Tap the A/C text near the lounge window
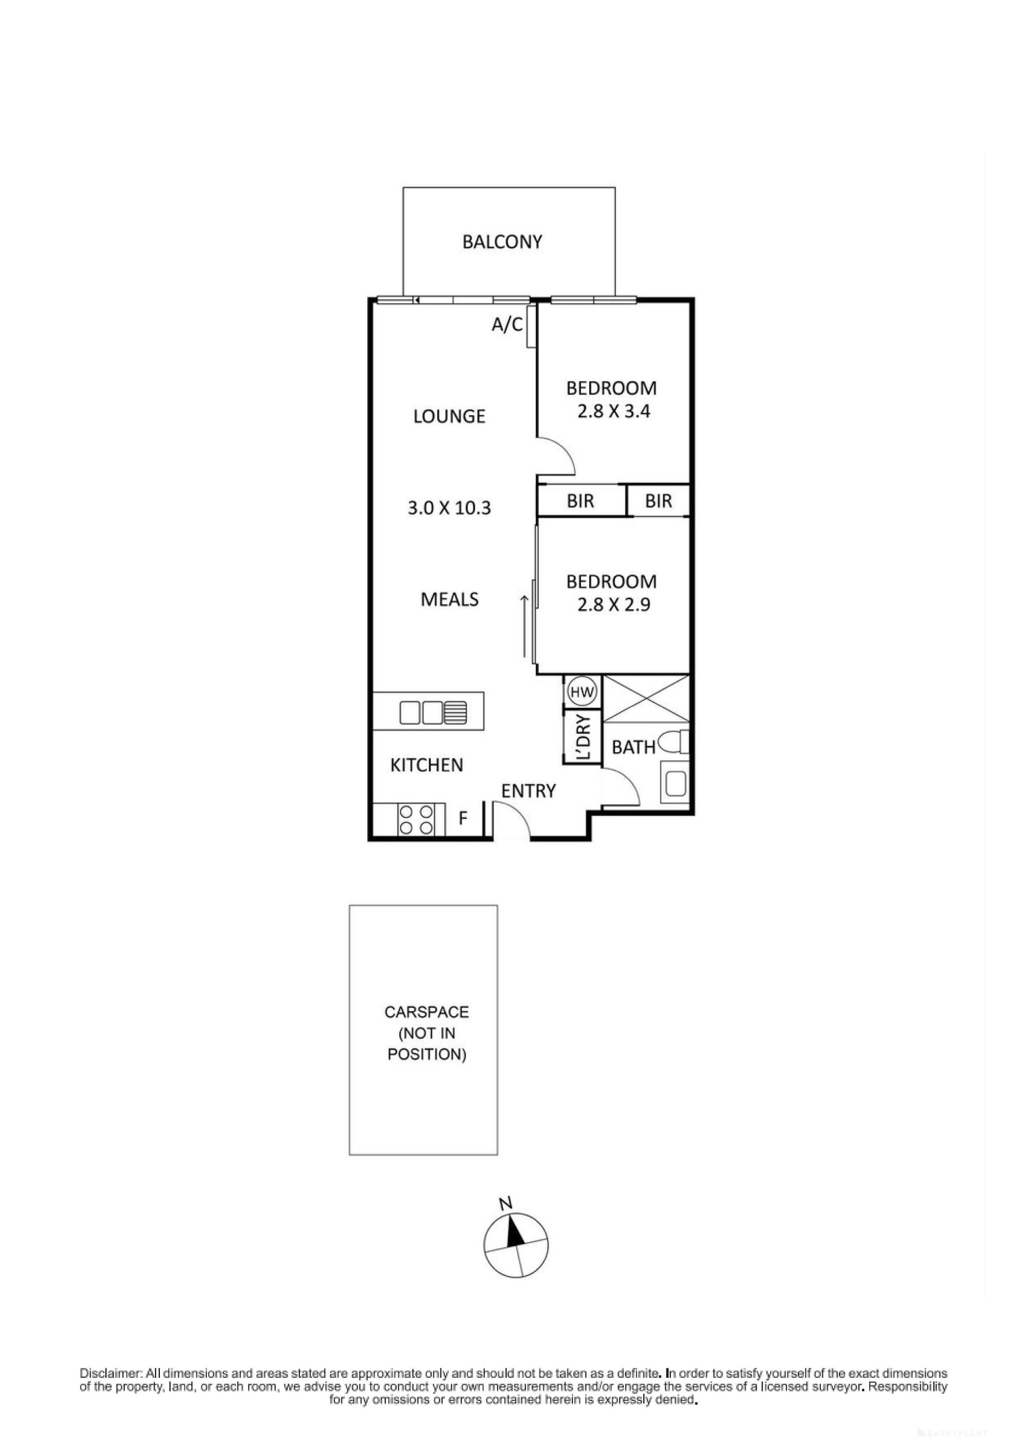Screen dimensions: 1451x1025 tap(507, 325)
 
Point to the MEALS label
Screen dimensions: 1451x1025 tap(449, 599)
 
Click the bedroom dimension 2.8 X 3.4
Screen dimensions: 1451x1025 tap(613, 411)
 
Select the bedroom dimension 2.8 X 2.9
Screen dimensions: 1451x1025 tap(613, 605)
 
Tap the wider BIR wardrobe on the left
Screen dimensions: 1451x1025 tap(580, 501)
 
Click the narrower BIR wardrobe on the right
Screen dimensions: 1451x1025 tap(658, 501)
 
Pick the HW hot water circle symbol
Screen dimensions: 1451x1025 tap(582, 693)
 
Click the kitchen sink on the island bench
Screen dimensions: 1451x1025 tap(433, 713)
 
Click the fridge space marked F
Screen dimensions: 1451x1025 tap(463, 819)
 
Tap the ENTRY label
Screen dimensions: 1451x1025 tap(528, 791)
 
